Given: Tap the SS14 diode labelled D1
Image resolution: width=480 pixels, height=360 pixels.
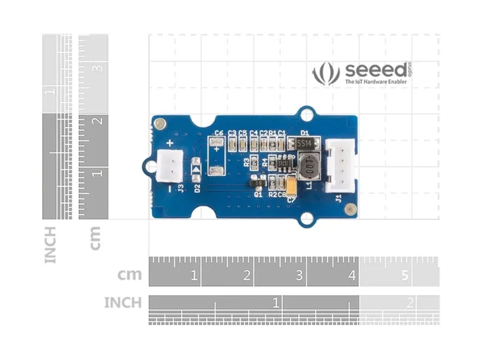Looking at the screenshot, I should (304, 143).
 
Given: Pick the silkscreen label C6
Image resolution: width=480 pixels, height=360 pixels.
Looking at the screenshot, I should (220, 133).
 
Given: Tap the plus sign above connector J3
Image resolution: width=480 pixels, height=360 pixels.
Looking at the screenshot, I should (170, 143).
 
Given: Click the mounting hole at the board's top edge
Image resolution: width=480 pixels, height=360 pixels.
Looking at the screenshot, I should (306, 115).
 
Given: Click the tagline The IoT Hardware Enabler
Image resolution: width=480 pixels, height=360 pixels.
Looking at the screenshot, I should (375, 82).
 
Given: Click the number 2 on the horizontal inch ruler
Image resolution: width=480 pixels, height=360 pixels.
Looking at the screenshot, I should (410, 303).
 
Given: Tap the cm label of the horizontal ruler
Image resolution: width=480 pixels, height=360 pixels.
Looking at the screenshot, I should (130, 275).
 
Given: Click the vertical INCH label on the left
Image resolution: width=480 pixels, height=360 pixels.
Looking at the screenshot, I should (51, 244).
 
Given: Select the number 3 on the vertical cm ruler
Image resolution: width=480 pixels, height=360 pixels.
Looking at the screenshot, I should (97, 68).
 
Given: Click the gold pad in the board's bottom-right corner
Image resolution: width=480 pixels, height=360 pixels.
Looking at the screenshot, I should (350, 210).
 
